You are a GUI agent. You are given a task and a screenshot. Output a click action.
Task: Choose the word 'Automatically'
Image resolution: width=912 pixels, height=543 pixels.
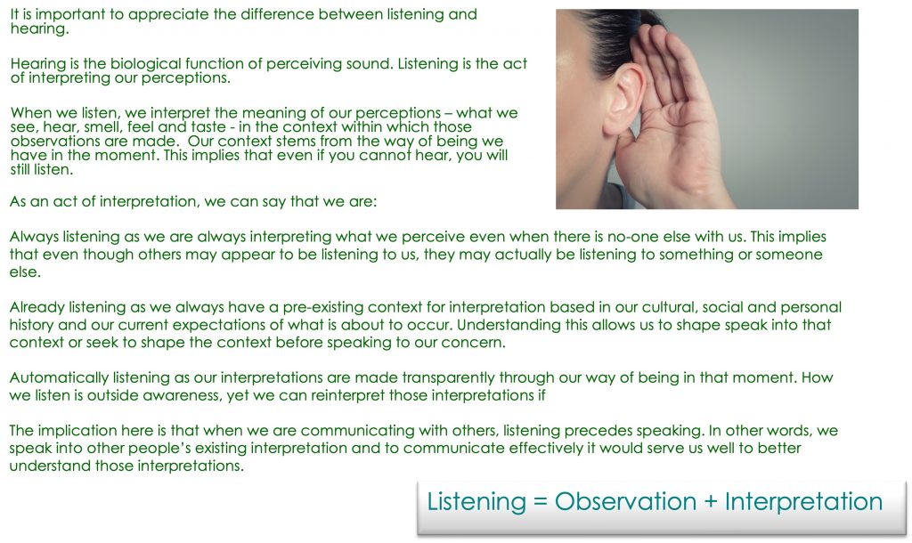tap(59, 378)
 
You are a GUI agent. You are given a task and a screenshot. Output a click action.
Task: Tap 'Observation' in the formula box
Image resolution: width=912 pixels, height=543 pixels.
tap(625, 502)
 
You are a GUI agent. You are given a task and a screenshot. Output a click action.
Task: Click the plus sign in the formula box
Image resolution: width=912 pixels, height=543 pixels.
tap(711, 502)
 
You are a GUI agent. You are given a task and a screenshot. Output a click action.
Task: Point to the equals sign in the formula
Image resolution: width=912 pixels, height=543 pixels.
tap(541, 502)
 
